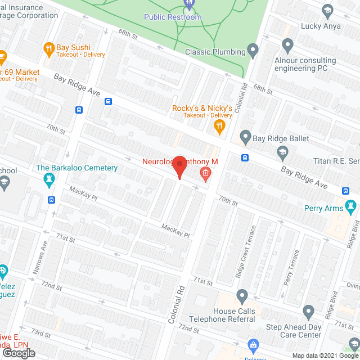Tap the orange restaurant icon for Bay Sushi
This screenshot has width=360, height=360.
[x=48, y=48]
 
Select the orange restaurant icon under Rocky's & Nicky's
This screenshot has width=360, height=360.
[x=219, y=128]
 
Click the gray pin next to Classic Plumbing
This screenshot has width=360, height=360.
[x=253, y=52]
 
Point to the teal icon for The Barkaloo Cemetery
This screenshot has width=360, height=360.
[x=48, y=180]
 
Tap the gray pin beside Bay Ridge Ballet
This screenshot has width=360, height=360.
[x=245, y=137]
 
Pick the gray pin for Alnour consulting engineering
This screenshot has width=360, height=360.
[x=288, y=44]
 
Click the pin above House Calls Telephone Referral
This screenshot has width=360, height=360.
[x=242, y=295]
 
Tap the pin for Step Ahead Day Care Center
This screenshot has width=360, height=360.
[x=308, y=311]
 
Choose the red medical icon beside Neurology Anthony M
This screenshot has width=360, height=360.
[x=205, y=173]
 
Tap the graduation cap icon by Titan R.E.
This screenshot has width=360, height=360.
[x=282, y=151]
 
